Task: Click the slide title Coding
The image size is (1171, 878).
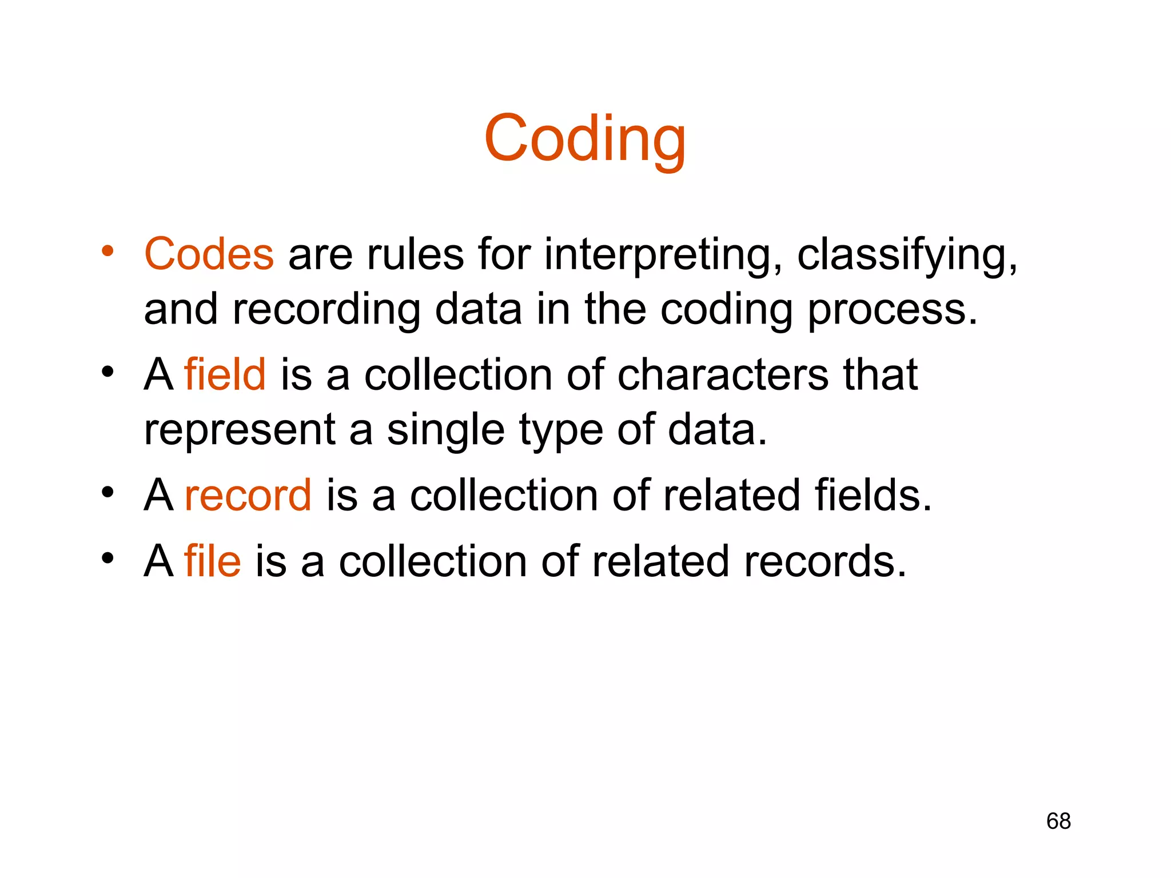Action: (x=584, y=139)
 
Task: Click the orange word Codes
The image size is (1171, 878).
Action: (x=209, y=254)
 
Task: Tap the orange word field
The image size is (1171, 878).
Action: (x=225, y=375)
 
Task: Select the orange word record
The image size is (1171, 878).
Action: (x=248, y=495)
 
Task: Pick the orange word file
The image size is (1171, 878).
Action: (x=212, y=561)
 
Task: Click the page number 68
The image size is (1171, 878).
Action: (x=1058, y=821)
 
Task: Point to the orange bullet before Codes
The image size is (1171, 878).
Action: (x=107, y=252)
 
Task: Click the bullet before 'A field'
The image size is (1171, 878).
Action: (x=107, y=373)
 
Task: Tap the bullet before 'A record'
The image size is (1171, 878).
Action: (x=107, y=493)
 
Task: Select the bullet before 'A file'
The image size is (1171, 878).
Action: (x=107, y=558)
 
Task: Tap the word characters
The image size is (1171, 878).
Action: (x=723, y=375)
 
